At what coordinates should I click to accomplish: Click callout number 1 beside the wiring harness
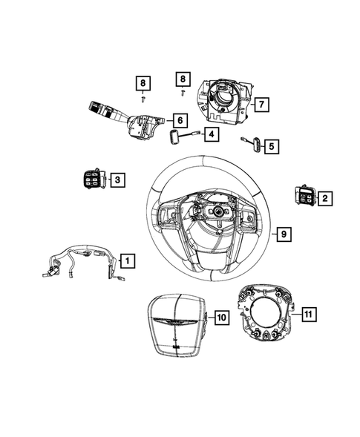click(x=128, y=260)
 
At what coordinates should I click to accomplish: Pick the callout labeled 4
click(x=212, y=134)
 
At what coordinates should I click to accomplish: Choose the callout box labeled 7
click(x=261, y=105)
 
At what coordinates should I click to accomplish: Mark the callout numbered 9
click(x=284, y=234)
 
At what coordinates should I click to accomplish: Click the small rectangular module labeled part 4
click(x=176, y=137)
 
